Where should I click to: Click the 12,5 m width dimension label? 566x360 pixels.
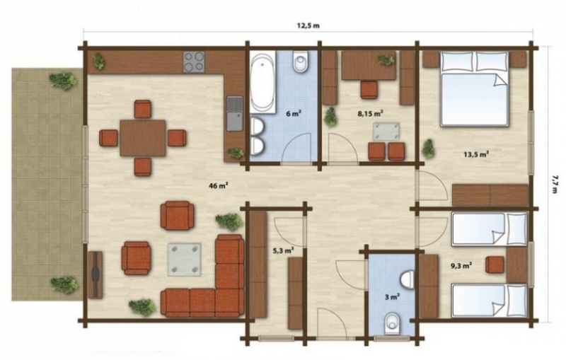pos(308,25)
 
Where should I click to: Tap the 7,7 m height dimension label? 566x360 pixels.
pos(554,184)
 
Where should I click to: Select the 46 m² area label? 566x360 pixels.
pos(218,186)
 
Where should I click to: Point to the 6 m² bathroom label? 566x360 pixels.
pos(294,114)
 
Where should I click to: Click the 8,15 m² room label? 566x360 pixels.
pos(370,114)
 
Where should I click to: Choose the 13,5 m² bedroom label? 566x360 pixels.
pos(476,155)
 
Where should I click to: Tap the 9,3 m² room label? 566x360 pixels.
pos(461,266)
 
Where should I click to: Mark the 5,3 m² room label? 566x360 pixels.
pos(282,250)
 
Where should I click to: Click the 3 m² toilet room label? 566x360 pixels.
pos(392,297)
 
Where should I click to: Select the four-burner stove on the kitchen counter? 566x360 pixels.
pos(194,62)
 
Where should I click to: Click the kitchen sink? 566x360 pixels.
pos(235,114)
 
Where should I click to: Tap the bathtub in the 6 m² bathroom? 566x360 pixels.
pos(262,82)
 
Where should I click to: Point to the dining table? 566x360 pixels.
pos(143,138)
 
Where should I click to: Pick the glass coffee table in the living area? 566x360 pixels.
pos(184,260)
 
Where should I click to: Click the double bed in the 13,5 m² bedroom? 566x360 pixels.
pos(475,89)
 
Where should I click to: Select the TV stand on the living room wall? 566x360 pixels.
pos(96,275)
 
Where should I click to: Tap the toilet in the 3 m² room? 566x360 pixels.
pos(392,323)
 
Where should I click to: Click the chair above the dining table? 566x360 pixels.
pos(143,110)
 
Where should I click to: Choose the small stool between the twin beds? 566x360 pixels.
pos(495,265)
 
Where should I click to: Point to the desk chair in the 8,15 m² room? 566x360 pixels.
pos(369,89)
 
